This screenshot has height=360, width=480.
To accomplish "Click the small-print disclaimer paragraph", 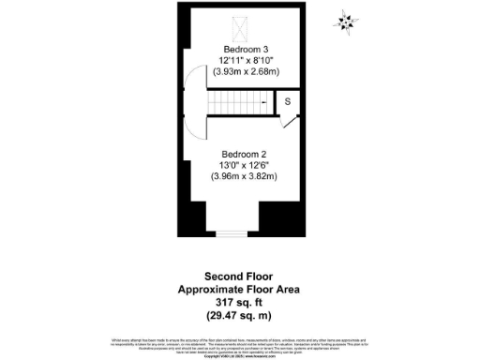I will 239,340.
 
